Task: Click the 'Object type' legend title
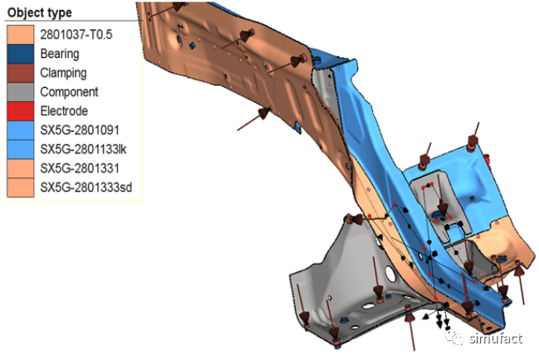click(x=40, y=12)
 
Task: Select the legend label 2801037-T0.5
click(x=76, y=34)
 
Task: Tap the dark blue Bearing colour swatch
click(x=21, y=54)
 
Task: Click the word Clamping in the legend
click(x=63, y=73)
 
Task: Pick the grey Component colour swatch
click(x=21, y=92)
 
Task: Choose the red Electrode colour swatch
click(x=21, y=111)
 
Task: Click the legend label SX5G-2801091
click(x=80, y=130)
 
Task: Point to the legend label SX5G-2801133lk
click(x=83, y=149)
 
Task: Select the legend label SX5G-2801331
click(x=80, y=168)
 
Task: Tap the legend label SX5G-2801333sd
click(x=86, y=187)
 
